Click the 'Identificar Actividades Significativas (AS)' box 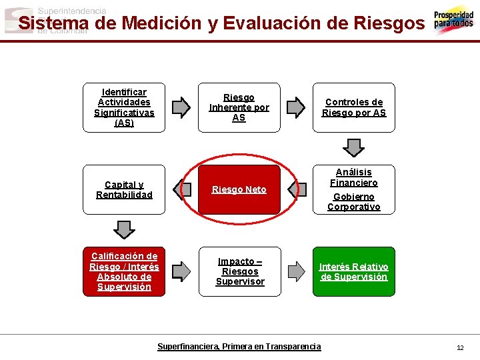click(x=124, y=107)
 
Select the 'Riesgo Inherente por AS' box click(x=239, y=107)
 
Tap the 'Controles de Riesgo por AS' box click(x=354, y=107)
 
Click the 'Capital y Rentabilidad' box click(x=124, y=189)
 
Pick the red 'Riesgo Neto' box click(x=239, y=189)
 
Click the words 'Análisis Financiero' click(x=354, y=177)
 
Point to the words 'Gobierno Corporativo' click(x=354, y=202)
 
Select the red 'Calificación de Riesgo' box click(x=124, y=271)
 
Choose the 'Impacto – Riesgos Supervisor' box click(x=240, y=271)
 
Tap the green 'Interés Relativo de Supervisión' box click(x=354, y=271)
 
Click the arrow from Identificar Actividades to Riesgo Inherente click(x=181, y=107)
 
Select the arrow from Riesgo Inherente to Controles click(x=295, y=107)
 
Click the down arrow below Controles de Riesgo click(x=353, y=147)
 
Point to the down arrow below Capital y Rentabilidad click(x=125, y=229)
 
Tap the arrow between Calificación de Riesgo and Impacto click(x=181, y=271)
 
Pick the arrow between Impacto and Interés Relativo click(x=295, y=271)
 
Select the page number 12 click(x=460, y=347)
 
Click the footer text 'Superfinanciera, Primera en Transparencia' click(x=239, y=347)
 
